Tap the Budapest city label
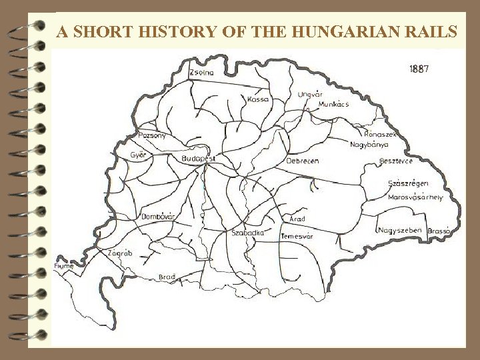pyautogui.click(x=198, y=159)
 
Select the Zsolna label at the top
pyautogui.click(x=202, y=72)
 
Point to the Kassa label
pyautogui.click(x=257, y=99)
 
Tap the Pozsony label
pyautogui.click(x=153, y=135)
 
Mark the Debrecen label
pyautogui.click(x=303, y=161)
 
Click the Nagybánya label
pyautogui.click(x=369, y=143)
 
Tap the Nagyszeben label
pyautogui.click(x=398, y=230)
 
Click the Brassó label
pyautogui.click(x=440, y=230)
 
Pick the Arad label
pyautogui.click(x=298, y=219)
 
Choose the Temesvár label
pyautogui.click(x=297, y=236)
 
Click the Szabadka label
pyautogui.click(x=248, y=233)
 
